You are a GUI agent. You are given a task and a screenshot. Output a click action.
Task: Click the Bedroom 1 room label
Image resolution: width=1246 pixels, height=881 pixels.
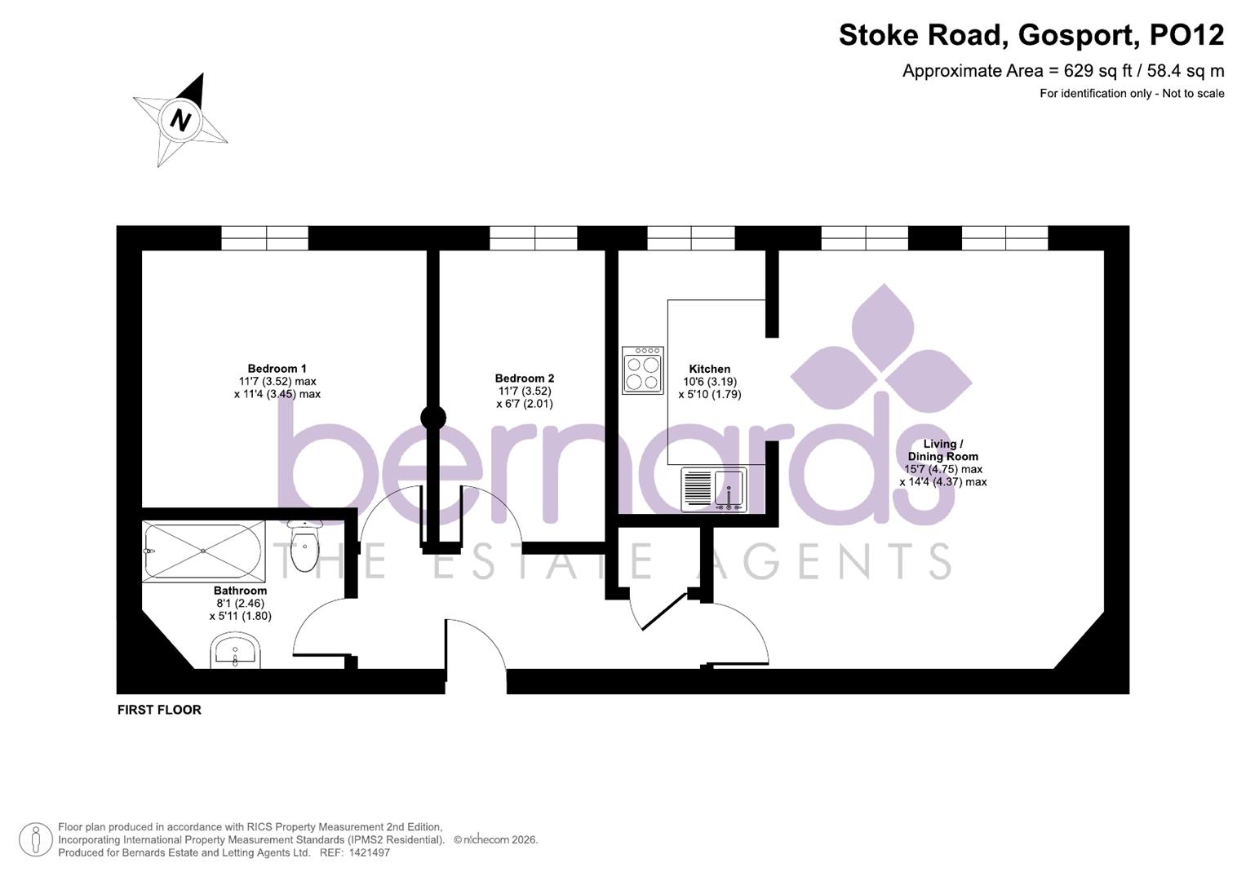[277, 369]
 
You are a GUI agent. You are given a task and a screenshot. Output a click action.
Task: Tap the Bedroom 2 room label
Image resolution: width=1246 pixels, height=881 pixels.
[524, 379]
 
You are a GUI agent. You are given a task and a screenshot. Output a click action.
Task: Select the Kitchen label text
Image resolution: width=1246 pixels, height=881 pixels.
[709, 369]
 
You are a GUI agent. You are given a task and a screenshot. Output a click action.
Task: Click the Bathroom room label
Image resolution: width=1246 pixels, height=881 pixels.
[240, 591]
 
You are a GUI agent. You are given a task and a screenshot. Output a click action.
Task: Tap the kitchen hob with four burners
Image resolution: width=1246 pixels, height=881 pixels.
[642, 371]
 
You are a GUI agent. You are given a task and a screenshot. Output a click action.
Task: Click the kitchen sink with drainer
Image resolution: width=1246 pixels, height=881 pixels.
[713, 489]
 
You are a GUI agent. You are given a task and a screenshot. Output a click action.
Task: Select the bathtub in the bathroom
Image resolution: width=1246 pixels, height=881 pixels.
[202, 552]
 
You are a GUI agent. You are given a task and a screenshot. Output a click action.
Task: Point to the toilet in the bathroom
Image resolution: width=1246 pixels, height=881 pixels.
[305, 546]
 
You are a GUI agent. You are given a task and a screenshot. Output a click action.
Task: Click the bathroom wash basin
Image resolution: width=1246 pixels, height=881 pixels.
[236, 652]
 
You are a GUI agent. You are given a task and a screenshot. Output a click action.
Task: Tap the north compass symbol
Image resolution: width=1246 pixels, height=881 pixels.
[180, 121]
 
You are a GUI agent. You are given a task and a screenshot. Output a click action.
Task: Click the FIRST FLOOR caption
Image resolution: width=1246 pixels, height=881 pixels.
[159, 710]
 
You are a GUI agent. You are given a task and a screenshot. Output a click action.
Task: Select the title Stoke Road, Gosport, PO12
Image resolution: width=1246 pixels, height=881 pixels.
[1031, 35]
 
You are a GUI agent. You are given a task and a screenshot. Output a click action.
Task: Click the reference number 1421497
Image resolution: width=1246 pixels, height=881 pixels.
[369, 852]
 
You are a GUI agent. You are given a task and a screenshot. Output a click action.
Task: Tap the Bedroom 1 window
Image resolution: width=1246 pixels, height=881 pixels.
[265, 238]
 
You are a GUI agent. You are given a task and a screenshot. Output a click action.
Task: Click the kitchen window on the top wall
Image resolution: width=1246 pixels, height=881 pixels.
[691, 238]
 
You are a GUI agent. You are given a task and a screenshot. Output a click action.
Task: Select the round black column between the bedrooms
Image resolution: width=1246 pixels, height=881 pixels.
[432, 418]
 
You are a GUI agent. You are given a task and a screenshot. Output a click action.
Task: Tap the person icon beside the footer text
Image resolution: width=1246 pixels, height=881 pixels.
[35, 839]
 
